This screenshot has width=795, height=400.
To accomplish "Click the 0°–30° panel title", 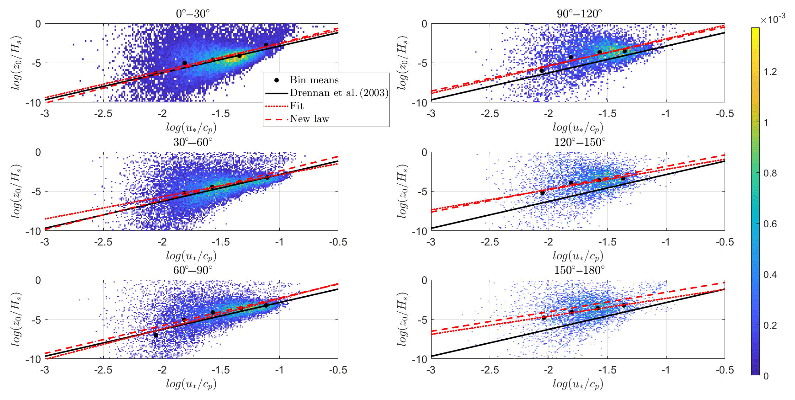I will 192,14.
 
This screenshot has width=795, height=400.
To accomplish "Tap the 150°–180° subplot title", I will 579,270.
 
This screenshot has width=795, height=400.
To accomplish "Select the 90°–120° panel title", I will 579,14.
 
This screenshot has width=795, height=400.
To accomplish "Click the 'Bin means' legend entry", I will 314,80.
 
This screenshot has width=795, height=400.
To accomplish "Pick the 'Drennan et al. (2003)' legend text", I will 339,93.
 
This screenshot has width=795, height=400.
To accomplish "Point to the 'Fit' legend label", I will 297,106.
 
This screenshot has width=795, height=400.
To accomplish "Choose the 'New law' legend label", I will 309,119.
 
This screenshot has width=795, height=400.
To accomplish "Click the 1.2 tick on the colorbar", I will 770,72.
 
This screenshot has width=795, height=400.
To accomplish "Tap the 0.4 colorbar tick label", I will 770,275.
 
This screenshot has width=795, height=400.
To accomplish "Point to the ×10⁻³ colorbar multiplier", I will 773,19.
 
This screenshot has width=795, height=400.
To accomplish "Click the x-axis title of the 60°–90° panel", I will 191,384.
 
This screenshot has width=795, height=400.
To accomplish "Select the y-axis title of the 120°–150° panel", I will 402,191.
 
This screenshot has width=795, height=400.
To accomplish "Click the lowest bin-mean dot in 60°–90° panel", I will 155,336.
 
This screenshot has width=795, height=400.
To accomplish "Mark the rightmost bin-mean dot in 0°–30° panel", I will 266,45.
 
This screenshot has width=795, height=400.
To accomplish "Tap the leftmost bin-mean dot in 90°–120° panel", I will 542,70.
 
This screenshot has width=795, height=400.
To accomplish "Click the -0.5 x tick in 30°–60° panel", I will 338,242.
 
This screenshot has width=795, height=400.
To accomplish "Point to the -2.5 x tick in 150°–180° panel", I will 489,370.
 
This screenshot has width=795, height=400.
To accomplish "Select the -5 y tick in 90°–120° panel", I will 423,63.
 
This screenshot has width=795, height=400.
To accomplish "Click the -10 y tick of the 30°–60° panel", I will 33,231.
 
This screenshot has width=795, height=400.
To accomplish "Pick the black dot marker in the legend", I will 277,80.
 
